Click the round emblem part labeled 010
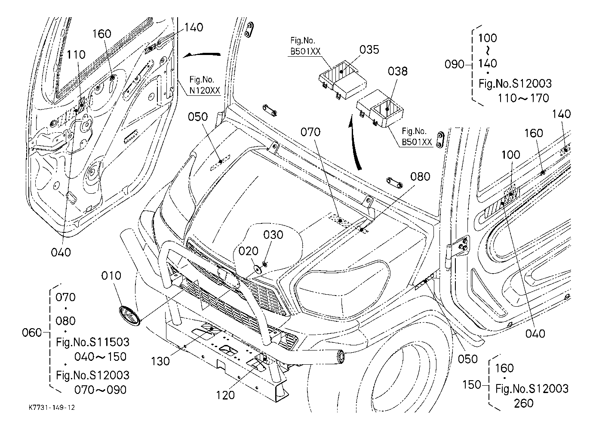click(x=130, y=316)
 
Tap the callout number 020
click(x=248, y=251)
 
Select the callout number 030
click(x=273, y=235)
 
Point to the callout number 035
click(x=369, y=49)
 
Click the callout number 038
click(x=398, y=71)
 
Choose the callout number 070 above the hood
click(x=310, y=132)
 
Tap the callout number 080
click(x=420, y=177)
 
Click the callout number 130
click(x=160, y=361)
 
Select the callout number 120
click(x=225, y=395)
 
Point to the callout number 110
click(x=76, y=55)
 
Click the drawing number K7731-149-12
click(x=52, y=408)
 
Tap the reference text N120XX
click(x=205, y=91)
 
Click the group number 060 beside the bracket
click(x=32, y=332)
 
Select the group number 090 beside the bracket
click(x=454, y=64)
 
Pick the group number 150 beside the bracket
click(x=471, y=384)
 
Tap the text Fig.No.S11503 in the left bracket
click(x=92, y=342)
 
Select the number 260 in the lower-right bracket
click(x=524, y=403)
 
